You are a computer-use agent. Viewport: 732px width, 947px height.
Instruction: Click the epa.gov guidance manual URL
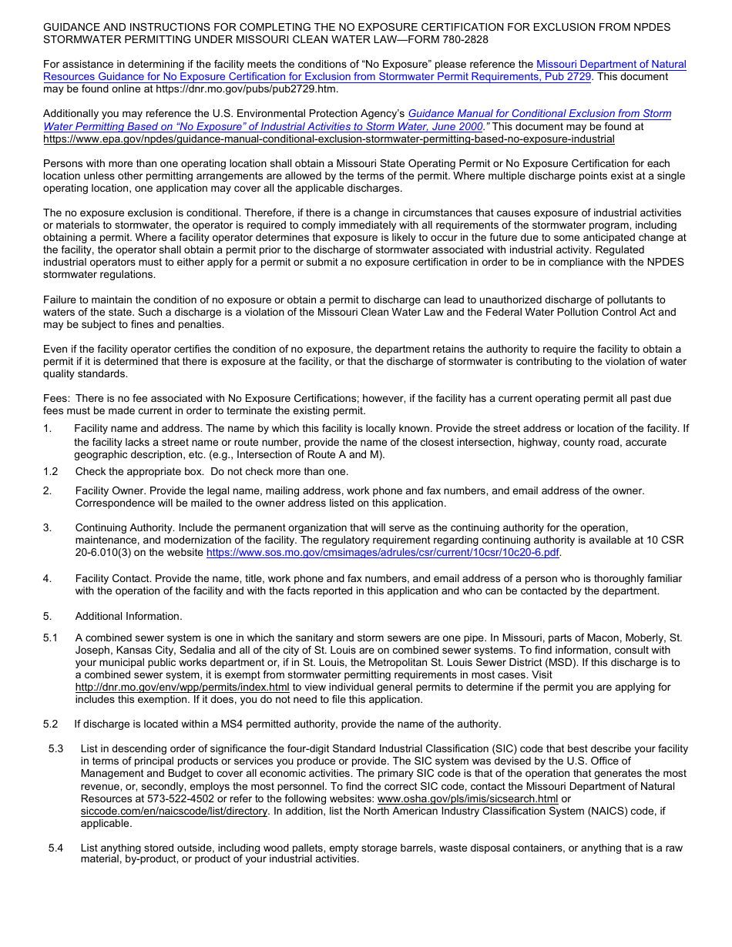click(329, 139)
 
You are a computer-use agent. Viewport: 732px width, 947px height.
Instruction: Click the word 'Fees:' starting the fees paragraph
click(57, 398)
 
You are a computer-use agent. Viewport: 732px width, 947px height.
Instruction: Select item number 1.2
click(51, 471)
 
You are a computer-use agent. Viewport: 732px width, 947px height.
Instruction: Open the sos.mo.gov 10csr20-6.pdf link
click(383, 553)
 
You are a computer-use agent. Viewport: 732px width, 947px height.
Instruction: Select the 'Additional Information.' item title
click(129, 616)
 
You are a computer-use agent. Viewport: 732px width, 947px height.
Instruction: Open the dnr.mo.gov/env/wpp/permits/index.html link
click(182, 687)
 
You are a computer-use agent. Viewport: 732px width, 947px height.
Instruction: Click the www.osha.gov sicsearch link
click(468, 798)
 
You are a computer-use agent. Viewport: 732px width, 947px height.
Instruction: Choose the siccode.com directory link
click(174, 811)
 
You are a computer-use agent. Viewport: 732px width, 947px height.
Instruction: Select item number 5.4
click(55, 848)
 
